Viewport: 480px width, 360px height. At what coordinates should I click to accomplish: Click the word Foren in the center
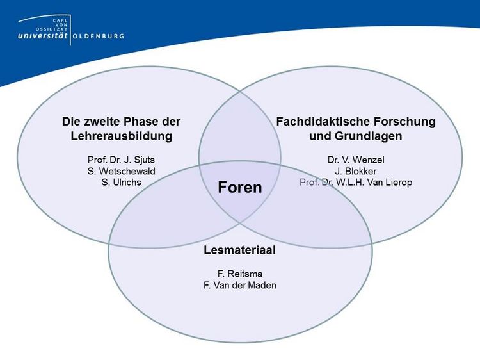[240, 187]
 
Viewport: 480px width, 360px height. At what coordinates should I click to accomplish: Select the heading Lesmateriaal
[240, 250]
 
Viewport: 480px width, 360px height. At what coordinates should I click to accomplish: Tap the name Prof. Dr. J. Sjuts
[121, 160]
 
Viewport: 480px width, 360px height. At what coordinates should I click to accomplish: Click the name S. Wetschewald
[121, 171]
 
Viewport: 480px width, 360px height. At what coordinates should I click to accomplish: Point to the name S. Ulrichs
[121, 183]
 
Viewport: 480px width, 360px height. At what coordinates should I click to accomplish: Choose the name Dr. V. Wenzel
[356, 160]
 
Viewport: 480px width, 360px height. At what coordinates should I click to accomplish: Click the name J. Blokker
[356, 171]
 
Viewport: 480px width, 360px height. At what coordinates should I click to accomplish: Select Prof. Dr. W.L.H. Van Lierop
[356, 183]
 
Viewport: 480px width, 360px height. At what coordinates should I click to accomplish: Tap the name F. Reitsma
[240, 274]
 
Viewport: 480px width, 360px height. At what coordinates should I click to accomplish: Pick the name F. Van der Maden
[240, 285]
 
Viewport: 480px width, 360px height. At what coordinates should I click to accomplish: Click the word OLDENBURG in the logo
[99, 36]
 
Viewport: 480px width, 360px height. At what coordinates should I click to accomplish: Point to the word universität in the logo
[42, 35]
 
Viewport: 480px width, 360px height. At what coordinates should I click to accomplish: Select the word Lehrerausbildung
[121, 136]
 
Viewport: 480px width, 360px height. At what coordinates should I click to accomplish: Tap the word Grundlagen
[369, 136]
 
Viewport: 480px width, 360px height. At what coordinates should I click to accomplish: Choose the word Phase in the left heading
[143, 121]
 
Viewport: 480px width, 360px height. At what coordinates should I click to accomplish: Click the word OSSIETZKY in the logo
[51, 29]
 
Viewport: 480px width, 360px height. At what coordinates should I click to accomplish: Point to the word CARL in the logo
[60, 20]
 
